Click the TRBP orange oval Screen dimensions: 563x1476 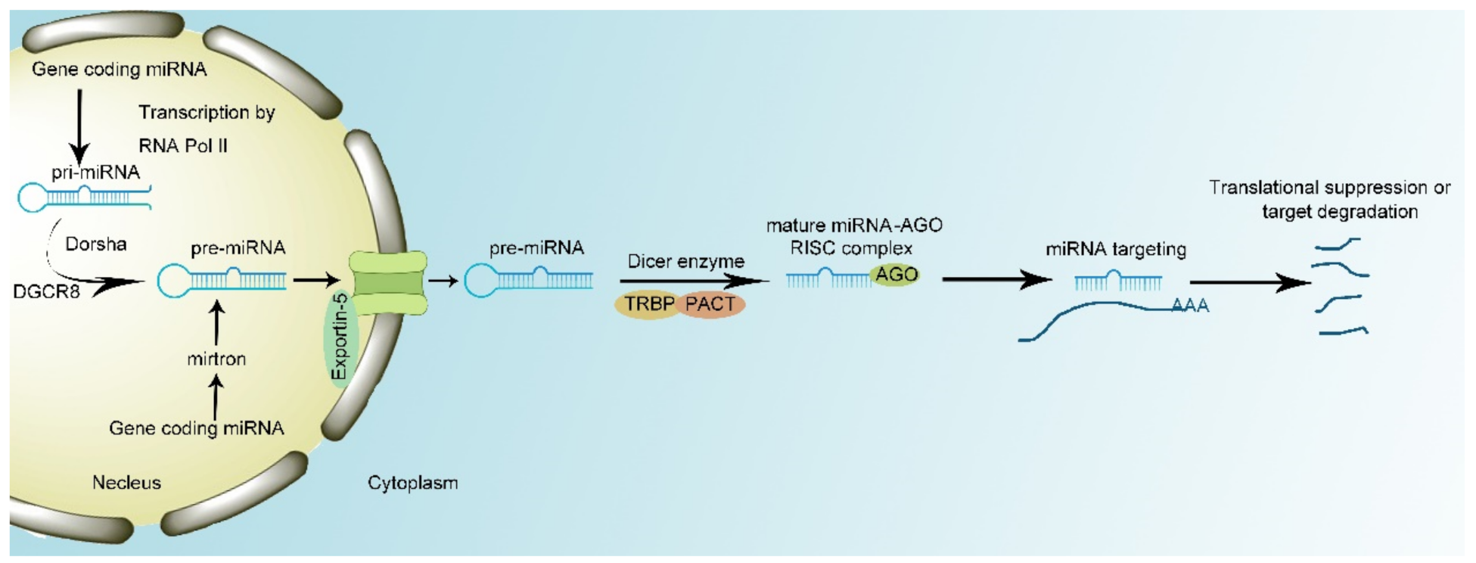(x=648, y=304)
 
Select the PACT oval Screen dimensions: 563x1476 (x=711, y=304)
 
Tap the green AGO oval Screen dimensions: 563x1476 (x=896, y=275)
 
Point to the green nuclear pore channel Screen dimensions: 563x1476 (x=388, y=284)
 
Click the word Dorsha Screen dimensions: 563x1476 (x=96, y=244)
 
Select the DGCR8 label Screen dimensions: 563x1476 (x=46, y=291)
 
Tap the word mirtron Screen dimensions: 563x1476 (x=216, y=359)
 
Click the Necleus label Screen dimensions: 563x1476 (x=126, y=482)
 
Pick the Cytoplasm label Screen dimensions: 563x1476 (x=412, y=483)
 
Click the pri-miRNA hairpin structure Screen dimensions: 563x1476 (x=83, y=198)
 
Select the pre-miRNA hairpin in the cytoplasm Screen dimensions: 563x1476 (x=528, y=281)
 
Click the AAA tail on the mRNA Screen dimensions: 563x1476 (x=1190, y=306)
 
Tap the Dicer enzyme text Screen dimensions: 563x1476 (x=685, y=261)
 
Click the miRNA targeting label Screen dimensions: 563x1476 (x=1115, y=249)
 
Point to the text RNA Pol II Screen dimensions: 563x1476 (x=182, y=145)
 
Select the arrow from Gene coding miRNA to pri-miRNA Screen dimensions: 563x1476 (x=79, y=125)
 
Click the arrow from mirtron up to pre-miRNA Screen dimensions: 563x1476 (x=217, y=322)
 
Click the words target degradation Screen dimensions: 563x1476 (x=1339, y=212)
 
